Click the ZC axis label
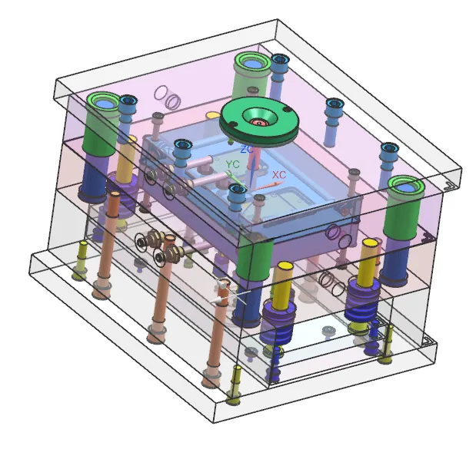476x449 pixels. (x=247, y=149)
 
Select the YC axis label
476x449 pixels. (x=232, y=164)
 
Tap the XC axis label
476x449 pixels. (x=279, y=175)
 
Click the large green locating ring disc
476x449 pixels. (x=259, y=121)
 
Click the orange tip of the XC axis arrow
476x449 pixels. (x=278, y=183)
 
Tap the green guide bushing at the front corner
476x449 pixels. (x=254, y=260)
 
